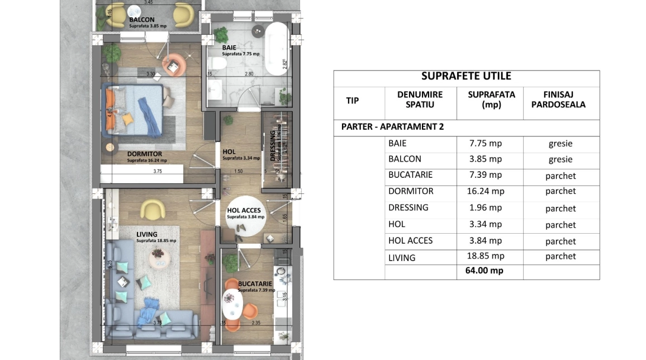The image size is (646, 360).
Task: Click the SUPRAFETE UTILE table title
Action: (x=466, y=77)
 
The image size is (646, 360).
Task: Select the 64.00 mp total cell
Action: (x=484, y=271)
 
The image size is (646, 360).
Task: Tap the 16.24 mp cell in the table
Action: (x=485, y=191)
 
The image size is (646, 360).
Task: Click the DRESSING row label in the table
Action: (x=408, y=207)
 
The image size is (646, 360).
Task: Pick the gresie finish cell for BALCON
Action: (x=560, y=159)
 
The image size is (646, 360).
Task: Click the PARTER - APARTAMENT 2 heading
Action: (x=392, y=127)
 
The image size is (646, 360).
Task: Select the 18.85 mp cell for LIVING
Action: (x=485, y=256)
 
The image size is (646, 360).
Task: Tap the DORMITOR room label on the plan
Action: (x=144, y=154)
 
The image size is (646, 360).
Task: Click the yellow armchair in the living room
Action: (x=151, y=210)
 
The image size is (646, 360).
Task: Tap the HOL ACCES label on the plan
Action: (x=244, y=211)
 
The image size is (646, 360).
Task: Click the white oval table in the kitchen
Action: (x=232, y=304)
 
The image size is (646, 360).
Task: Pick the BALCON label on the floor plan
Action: (x=142, y=20)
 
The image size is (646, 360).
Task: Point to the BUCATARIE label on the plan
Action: (x=255, y=284)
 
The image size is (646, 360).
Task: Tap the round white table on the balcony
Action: (x=135, y=12)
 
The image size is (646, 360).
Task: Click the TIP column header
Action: (x=352, y=101)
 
